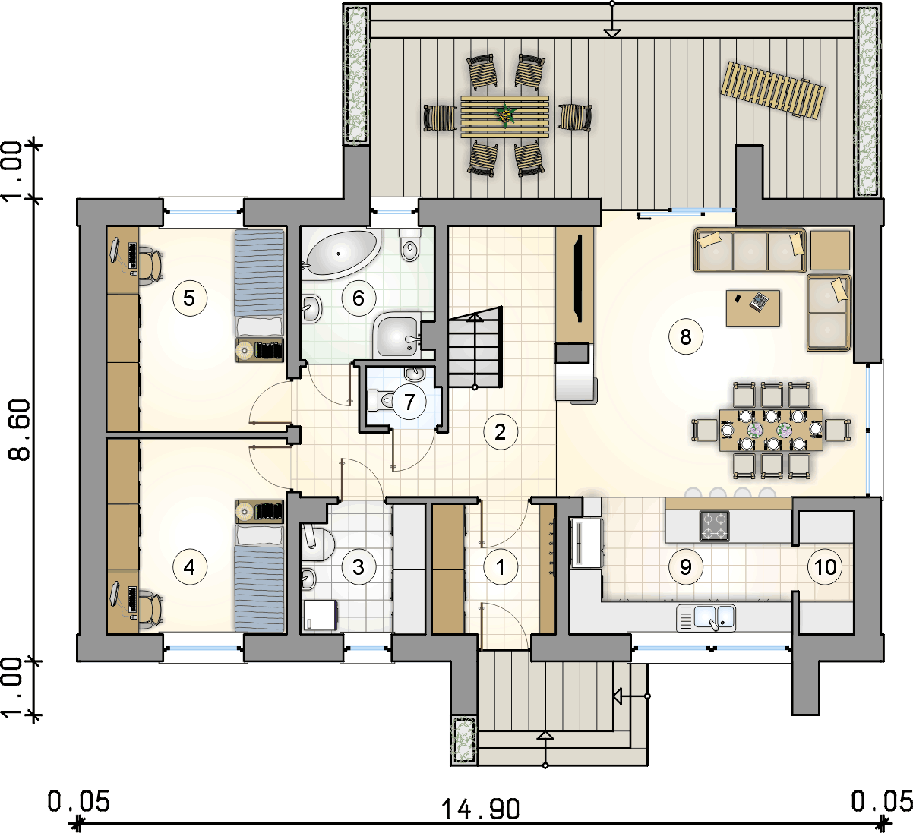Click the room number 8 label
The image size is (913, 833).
(x=685, y=337)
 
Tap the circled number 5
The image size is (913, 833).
(x=189, y=298)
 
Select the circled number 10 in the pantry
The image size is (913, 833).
(x=825, y=566)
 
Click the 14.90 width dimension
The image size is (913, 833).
(x=480, y=807)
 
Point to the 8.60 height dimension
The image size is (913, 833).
(x=21, y=430)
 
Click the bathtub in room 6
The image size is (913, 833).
(x=343, y=254)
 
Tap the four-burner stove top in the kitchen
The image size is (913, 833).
(x=714, y=525)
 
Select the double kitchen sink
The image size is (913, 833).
(x=706, y=617)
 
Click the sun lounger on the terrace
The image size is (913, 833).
(x=772, y=90)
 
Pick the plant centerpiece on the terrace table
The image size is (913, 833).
(x=505, y=115)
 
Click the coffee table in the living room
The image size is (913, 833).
(x=753, y=308)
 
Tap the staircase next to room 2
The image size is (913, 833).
(x=475, y=347)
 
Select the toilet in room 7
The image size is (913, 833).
(x=381, y=400)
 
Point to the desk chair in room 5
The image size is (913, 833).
(x=150, y=265)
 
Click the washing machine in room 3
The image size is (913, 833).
(x=320, y=615)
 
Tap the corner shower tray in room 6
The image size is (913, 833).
(x=398, y=335)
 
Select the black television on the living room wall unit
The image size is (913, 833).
(x=580, y=278)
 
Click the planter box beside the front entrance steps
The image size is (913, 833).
(x=464, y=740)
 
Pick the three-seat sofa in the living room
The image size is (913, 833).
(x=750, y=251)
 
